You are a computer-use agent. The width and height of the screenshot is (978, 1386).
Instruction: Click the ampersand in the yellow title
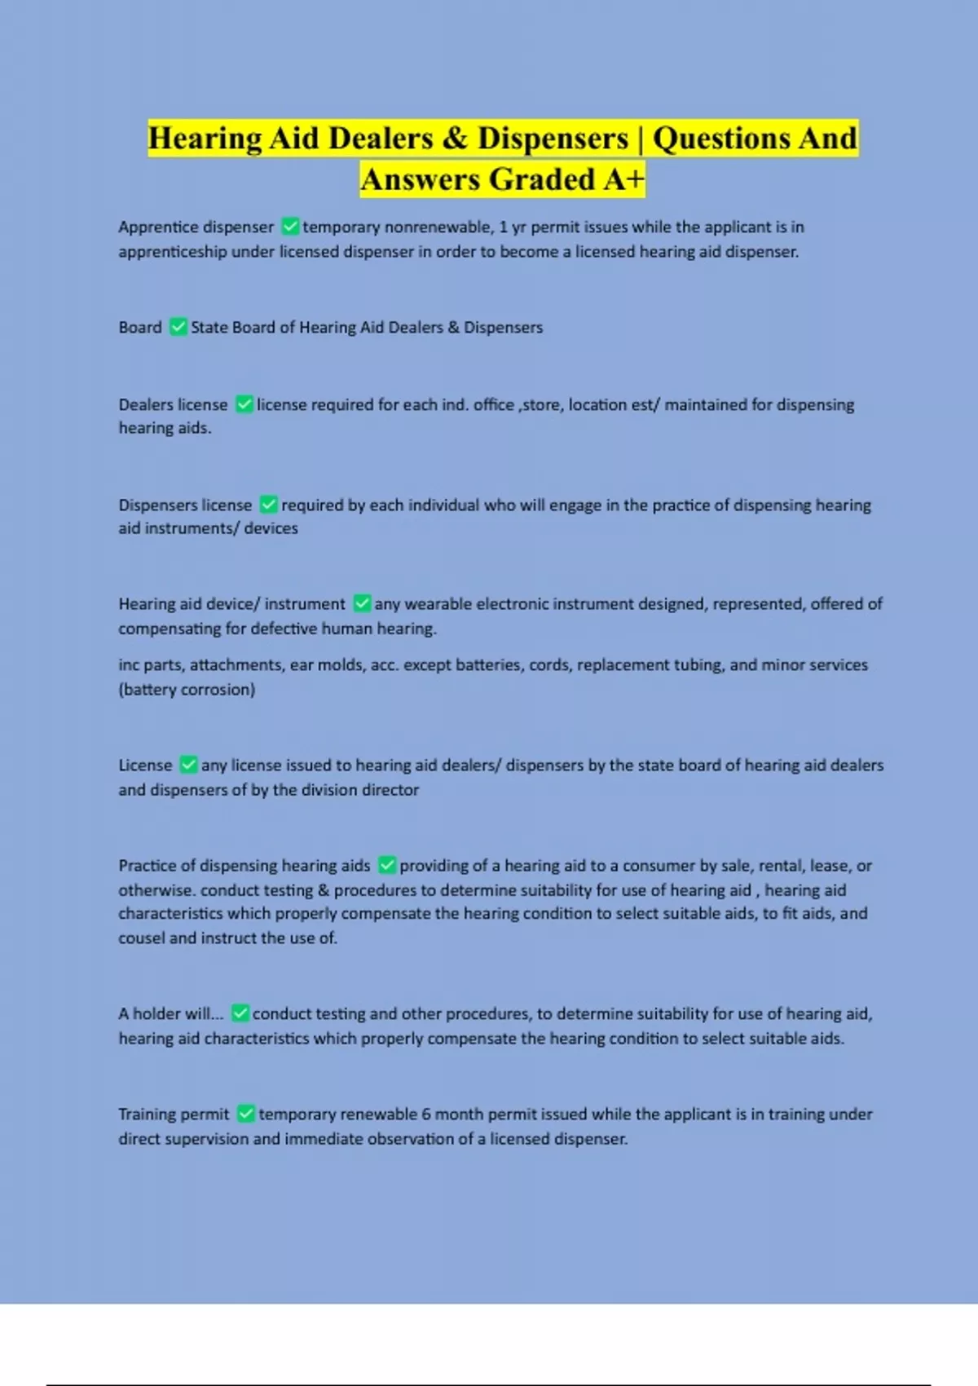(455, 139)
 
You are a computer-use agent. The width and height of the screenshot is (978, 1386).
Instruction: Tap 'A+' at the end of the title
(623, 179)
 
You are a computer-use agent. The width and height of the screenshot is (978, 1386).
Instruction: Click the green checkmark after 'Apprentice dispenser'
(289, 226)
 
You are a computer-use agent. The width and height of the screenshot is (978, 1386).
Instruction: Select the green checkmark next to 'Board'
(178, 327)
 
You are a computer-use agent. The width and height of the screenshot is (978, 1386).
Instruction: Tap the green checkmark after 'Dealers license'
(244, 404)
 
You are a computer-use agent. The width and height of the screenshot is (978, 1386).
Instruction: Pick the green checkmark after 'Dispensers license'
(268, 505)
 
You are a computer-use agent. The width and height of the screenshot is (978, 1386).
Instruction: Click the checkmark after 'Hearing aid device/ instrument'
(362, 603)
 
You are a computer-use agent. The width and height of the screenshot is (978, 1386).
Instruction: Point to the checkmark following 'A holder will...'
(240, 1013)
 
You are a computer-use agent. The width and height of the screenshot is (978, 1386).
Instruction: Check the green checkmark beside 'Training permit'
(245, 1114)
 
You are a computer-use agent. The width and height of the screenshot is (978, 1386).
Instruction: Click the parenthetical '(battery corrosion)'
(187, 690)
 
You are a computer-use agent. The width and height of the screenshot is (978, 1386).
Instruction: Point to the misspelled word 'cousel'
(141, 938)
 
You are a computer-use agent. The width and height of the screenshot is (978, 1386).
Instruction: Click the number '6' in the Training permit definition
(425, 1115)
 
